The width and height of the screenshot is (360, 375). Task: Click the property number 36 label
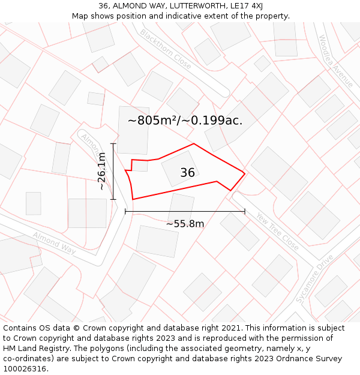pyautogui.click(x=187, y=173)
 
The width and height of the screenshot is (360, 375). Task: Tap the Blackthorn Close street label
pyautogui.click(x=166, y=49)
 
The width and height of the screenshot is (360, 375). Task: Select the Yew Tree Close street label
pyautogui.click(x=277, y=232)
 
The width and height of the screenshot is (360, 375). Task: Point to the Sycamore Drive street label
pyautogui.click(x=314, y=279)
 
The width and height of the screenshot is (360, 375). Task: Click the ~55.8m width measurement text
pyautogui.click(x=185, y=224)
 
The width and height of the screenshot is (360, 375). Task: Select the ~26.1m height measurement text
pyautogui.click(x=102, y=171)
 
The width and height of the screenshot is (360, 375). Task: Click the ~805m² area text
pyautogui.click(x=150, y=121)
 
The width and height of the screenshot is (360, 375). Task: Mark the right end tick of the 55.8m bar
pyautogui.click(x=245, y=211)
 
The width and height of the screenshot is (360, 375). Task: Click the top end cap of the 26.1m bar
pyautogui.click(x=113, y=144)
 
